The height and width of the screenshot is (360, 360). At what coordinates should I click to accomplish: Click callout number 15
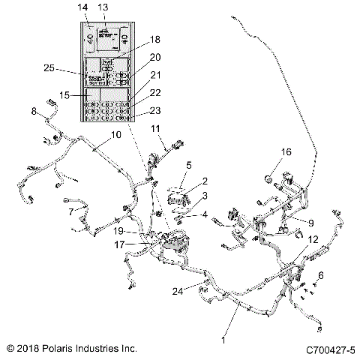[x=66, y=96]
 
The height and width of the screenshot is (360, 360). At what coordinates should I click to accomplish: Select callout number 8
[x=34, y=112]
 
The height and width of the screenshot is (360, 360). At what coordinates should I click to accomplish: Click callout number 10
[x=115, y=135]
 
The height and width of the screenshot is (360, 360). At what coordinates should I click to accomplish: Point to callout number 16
[x=286, y=151]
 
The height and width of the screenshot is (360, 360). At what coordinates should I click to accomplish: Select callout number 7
[x=71, y=211]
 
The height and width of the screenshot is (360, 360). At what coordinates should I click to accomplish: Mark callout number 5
[x=189, y=165]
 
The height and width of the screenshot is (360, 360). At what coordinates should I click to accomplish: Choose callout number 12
[x=313, y=238]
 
